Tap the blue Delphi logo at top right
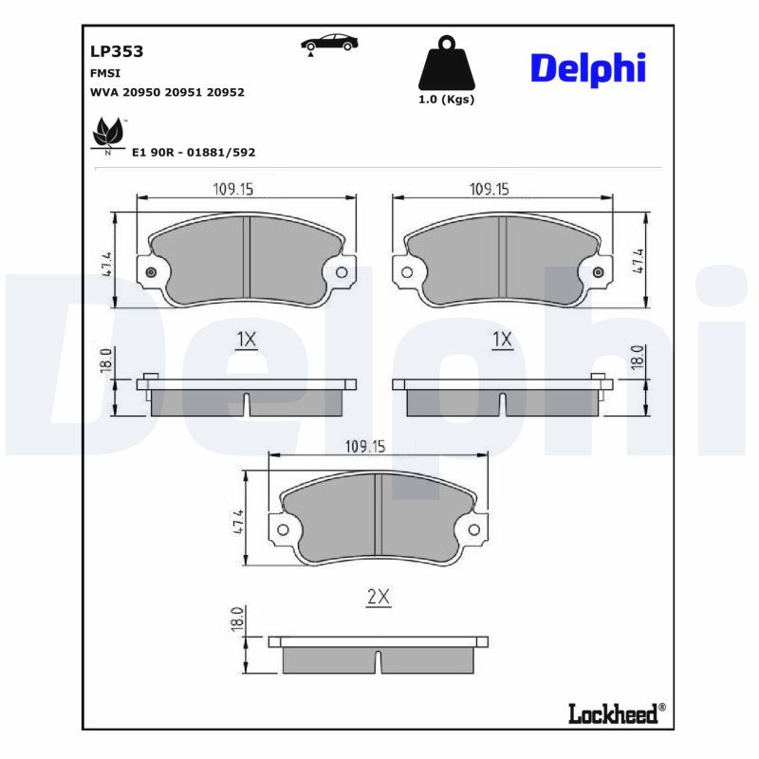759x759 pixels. pos(587,67)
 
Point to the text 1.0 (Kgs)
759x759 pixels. pos(446,100)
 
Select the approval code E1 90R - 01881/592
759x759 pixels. pos(194,152)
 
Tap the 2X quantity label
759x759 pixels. pos(379,597)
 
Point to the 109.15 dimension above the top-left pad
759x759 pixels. pos(231,189)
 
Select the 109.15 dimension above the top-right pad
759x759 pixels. pos(489,189)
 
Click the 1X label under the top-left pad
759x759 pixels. pos(247,339)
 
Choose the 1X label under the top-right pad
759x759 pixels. pos(502,339)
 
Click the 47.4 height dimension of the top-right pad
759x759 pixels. pos(639,262)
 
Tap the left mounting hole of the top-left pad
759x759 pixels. pos(150,273)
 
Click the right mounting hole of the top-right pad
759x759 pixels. pos(598,273)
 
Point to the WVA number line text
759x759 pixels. pos(167,92)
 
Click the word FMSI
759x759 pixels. pos(104,72)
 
